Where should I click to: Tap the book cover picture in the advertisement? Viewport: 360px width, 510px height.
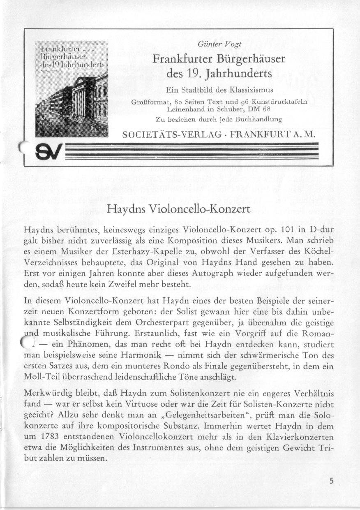pyautogui.click(x=72, y=89)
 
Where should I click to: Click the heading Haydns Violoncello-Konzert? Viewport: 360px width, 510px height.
pyautogui.click(x=178, y=209)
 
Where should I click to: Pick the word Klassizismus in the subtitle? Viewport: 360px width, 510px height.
pyautogui.click(x=253, y=90)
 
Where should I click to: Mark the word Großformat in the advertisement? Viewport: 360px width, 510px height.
pyautogui.click(x=150, y=102)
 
